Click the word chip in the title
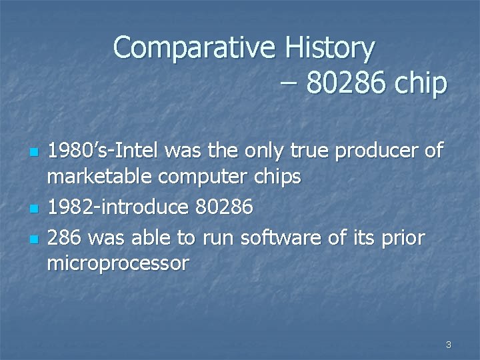tap(419, 84)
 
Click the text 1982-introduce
tap(118, 207)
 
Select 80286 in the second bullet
tap(224, 207)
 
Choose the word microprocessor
tap(118, 263)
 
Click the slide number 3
tap(448, 345)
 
